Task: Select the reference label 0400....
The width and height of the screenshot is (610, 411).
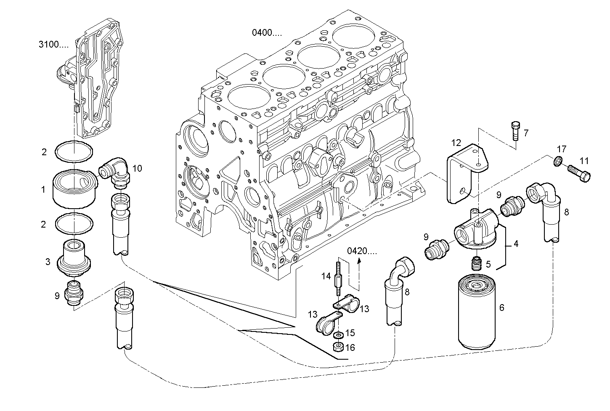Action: pos(267,32)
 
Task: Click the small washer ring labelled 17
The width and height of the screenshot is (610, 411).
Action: pos(557,161)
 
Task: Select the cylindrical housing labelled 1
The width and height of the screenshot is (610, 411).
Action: pos(73,188)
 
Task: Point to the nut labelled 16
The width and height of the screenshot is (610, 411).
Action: pos(337,347)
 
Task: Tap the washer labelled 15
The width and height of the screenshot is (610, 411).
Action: pos(337,334)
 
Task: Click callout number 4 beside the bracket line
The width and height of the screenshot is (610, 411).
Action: pos(515,243)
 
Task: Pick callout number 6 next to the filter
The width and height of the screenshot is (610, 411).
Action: pos(501,308)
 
